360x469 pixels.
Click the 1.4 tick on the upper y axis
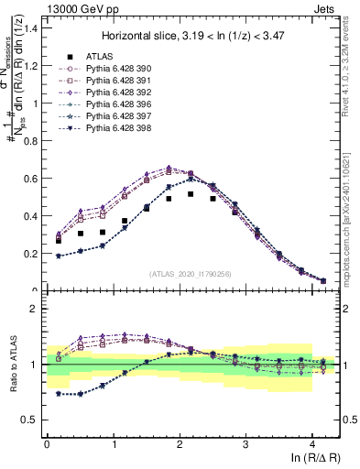click(x=31, y=27)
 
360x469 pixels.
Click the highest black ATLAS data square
click(x=191, y=194)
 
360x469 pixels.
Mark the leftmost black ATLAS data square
click(x=59, y=240)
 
